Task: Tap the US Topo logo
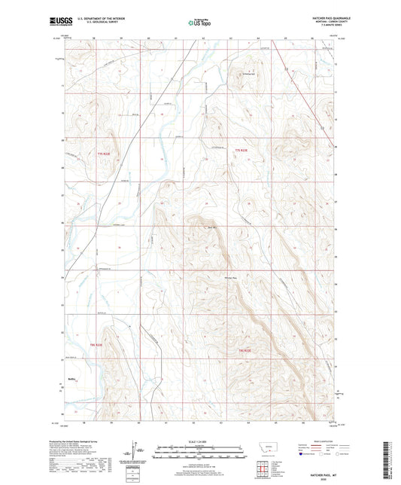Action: (x=199, y=23)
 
